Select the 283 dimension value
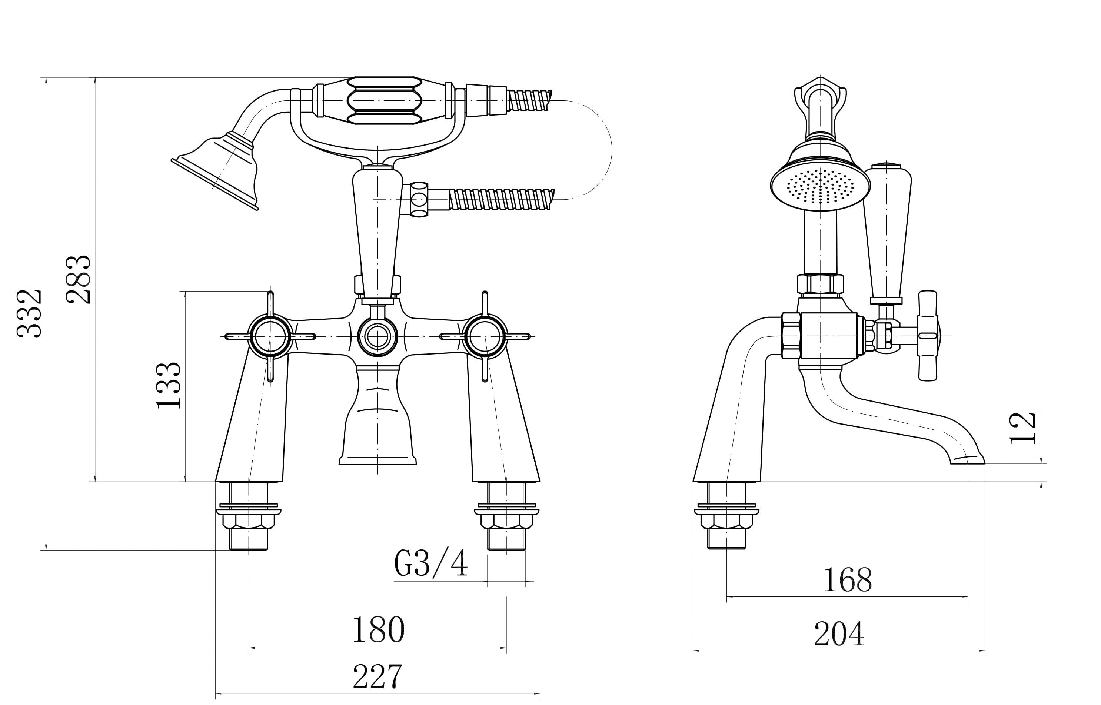(x=78, y=279)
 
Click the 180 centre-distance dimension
(x=378, y=630)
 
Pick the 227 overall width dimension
(x=378, y=676)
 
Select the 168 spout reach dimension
(x=847, y=580)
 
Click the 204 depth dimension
(x=839, y=634)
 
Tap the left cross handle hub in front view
(x=270, y=336)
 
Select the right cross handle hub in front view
(x=485, y=336)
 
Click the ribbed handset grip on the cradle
(x=384, y=101)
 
